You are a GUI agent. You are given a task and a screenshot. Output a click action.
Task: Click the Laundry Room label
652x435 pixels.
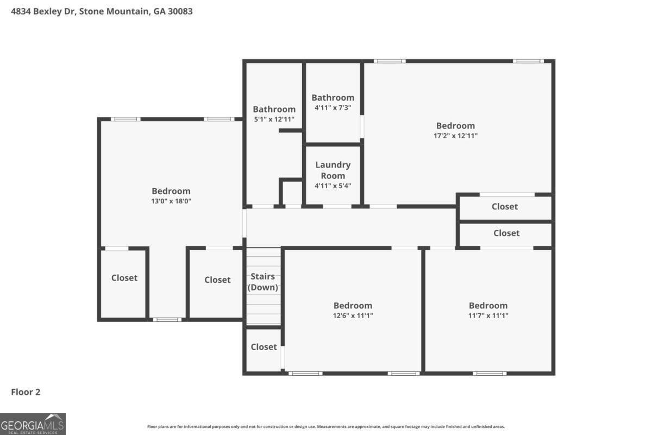coord(333,170)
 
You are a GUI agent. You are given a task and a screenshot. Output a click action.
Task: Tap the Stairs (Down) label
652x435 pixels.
coord(264,282)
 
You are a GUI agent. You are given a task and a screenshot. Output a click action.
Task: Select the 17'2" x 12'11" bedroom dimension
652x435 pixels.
coord(455,136)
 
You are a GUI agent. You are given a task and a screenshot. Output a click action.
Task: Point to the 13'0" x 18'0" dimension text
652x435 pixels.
coord(171,201)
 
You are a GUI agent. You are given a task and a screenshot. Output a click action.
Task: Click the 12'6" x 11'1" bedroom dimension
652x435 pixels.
coord(353,315)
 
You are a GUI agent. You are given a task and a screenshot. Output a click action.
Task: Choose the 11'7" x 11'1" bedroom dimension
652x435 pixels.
coord(488,315)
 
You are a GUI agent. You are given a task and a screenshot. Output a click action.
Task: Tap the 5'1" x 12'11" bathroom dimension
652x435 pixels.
coord(274,119)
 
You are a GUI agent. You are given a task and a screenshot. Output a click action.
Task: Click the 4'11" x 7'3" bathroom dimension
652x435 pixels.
coord(333,108)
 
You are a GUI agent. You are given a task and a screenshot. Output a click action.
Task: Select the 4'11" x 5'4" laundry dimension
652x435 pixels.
coord(333,185)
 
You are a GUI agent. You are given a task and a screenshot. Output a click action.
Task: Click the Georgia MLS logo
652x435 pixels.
coord(33,424)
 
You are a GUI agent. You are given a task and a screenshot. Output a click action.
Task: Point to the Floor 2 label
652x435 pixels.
coord(26,391)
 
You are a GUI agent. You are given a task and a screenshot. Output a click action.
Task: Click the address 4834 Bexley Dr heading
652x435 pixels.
coord(102,10)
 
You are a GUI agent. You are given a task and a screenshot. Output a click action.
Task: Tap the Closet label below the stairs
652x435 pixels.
coord(264,347)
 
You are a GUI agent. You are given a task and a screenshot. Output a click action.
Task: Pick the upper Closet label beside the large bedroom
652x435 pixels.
coord(504,207)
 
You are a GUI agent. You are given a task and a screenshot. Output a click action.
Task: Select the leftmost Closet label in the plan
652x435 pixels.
coord(124,278)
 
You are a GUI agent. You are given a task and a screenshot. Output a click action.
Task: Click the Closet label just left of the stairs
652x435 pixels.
coord(217,279)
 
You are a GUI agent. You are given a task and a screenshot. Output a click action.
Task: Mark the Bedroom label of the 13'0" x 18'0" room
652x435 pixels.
coord(171,191)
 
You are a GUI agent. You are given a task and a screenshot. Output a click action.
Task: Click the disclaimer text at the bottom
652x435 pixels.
coord(326,427)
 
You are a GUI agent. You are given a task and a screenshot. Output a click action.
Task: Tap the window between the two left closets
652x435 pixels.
coord(167,319)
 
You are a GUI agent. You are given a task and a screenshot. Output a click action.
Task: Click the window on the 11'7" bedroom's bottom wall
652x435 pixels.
coord(489,373)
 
